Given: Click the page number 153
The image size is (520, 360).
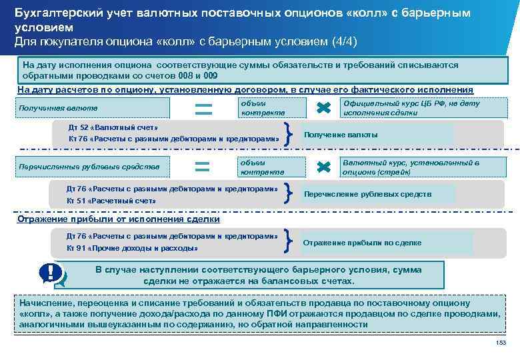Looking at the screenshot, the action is pyautogui.click(x=501, y=342).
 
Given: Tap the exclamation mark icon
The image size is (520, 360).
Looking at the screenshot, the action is pyautogui.click(x=51, y=273).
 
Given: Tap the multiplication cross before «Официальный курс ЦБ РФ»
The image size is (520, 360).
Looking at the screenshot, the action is pyautogui.click(x=323, y=108).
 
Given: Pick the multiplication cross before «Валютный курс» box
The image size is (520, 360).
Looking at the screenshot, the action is pyautogui.click(x=323, y=166).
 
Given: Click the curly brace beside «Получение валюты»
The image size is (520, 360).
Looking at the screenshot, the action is pyautogui.click(x=287, y=133).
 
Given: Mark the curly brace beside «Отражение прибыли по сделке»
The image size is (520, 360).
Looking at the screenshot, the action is pyautogui.click(x=287, y=241).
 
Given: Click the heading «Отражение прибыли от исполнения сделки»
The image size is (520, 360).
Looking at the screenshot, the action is pyautogui.click(x=119, y=219).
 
